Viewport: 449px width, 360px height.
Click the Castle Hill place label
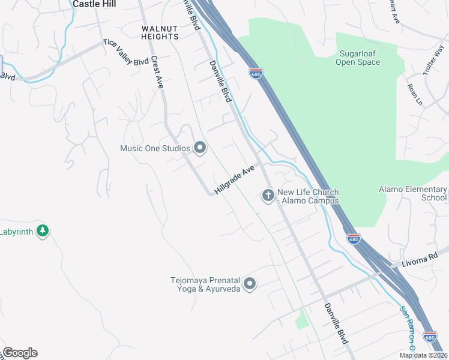94,4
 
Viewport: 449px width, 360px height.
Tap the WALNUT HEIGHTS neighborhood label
160,32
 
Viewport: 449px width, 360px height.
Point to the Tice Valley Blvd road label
125,52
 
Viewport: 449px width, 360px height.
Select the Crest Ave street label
158,73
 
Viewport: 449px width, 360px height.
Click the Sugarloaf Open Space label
358,58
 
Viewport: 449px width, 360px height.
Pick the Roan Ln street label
415,94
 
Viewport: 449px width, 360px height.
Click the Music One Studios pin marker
199,148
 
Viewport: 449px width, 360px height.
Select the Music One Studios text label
155,148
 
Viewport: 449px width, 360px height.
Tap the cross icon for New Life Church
268,195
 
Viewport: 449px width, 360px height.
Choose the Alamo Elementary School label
413,193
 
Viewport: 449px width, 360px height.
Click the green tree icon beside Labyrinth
42,231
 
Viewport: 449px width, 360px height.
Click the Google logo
19,353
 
